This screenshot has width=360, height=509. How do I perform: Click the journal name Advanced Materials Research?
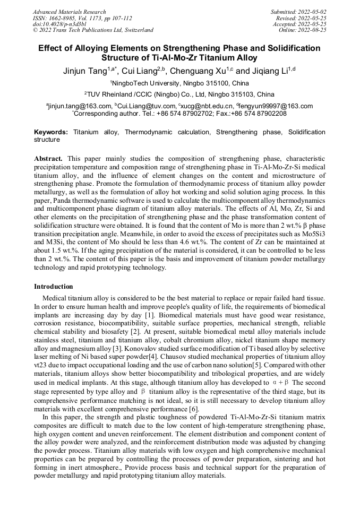(x=69, y=12)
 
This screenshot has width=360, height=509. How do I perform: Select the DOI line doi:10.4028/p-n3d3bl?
(x=56, y=24)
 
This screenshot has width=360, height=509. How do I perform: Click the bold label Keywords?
(x=51, y=132)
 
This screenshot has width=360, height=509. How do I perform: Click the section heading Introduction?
(x=54, y=287)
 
